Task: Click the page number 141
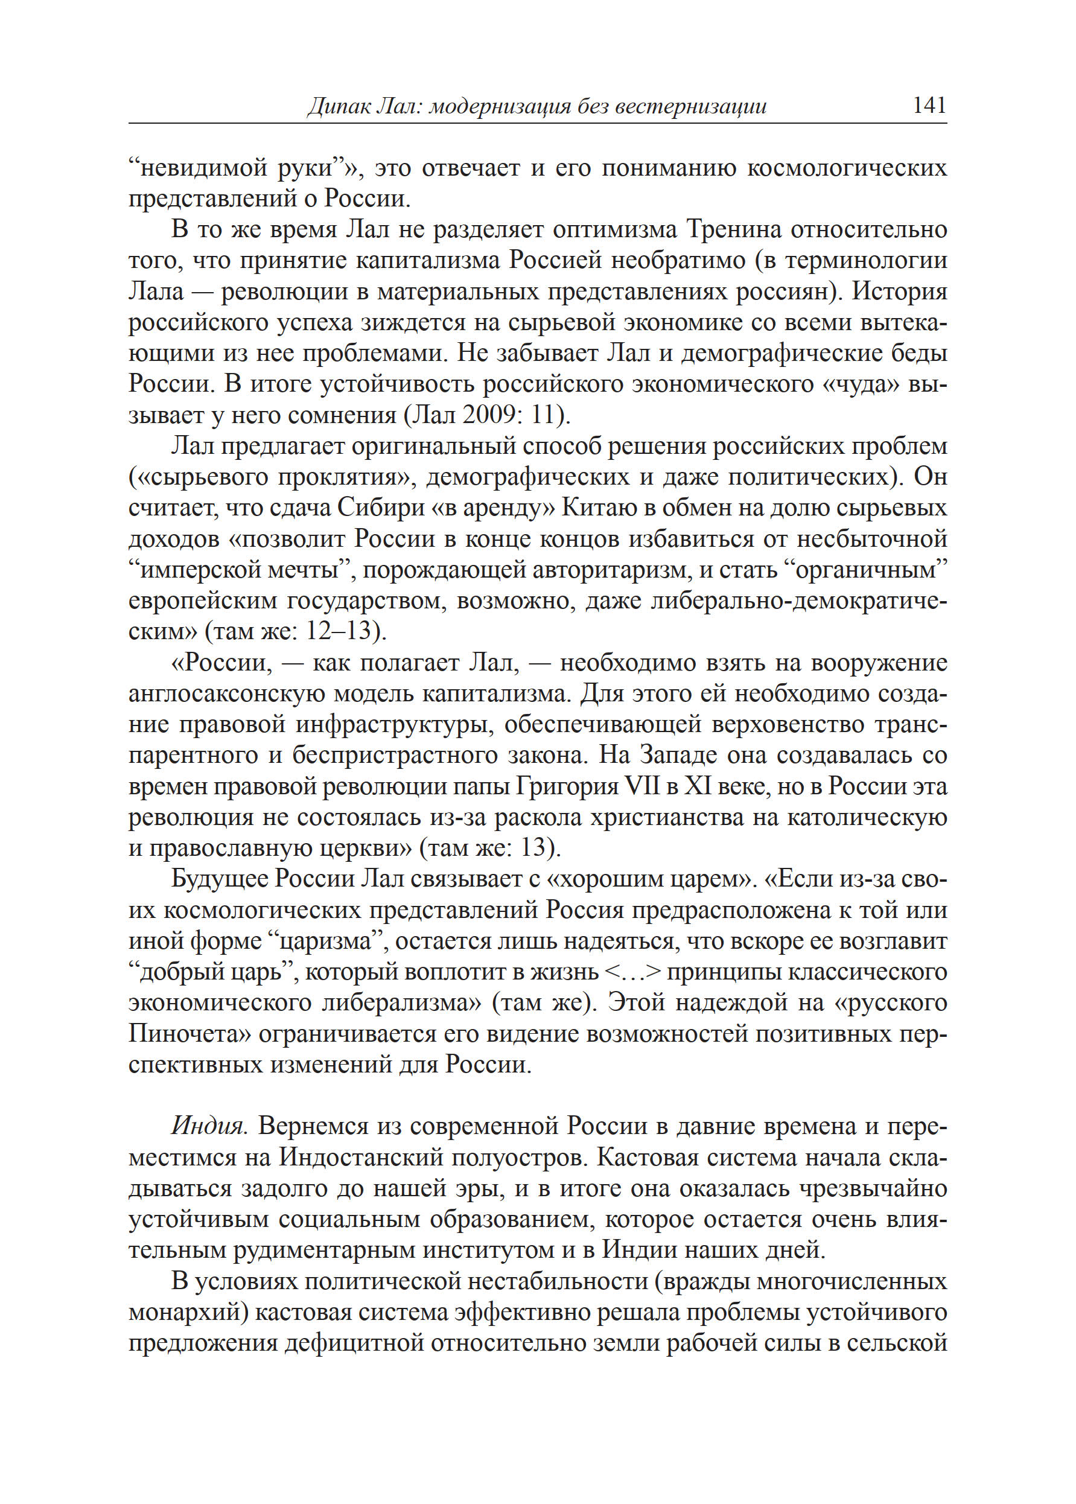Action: pos(929,106)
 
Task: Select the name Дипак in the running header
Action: pos(338,107)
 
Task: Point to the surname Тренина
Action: pos(733,229)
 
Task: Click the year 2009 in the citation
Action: pos(489,415)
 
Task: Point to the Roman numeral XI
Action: pos(698,786)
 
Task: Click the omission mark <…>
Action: pos(634,972)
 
